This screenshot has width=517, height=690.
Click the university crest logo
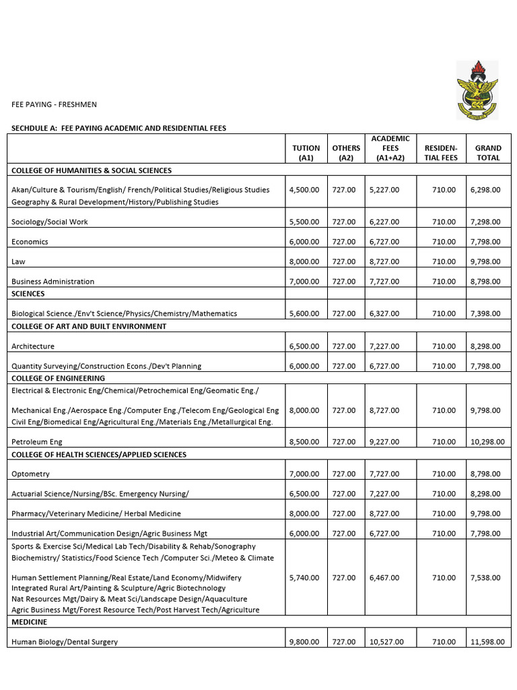point(477,90)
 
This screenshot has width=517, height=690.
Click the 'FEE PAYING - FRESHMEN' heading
point(54,104)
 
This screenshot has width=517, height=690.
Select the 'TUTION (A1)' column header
point(306,153)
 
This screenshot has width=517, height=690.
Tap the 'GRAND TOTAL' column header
point(488,153)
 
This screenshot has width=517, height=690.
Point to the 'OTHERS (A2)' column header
point(346,153)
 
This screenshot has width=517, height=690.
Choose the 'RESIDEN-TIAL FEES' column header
point(441,153)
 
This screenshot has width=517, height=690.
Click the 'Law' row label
point(18,261)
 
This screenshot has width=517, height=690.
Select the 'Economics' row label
point(30,242)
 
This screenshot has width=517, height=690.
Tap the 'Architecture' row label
point(33,346)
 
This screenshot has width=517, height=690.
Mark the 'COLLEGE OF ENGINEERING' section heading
point(58,379)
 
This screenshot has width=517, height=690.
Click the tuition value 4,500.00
point(304,190)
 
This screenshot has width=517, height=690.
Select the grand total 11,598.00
point(487,642)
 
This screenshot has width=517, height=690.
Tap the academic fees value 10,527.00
point(386,642)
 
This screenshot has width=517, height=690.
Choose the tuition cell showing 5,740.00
point(304,577)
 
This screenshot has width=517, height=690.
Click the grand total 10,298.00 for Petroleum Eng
point(487,442)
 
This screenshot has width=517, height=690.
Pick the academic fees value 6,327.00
point(384,313)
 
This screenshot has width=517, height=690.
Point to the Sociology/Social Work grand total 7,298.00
point(485,222)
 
